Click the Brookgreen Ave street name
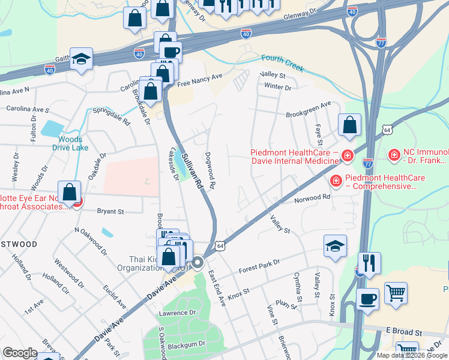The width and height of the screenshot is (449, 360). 309,109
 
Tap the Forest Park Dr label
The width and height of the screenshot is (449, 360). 259,265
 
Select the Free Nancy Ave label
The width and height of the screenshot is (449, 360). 199,77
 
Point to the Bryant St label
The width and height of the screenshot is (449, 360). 110,211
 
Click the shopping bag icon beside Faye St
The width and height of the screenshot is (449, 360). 349,125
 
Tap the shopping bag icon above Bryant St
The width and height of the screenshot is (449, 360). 70,193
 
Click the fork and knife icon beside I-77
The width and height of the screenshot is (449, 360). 369,263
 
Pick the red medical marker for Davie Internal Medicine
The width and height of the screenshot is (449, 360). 348,157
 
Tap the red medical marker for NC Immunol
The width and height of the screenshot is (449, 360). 394,156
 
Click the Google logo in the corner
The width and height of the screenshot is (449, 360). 20,353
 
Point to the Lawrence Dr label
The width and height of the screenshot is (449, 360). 177,313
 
